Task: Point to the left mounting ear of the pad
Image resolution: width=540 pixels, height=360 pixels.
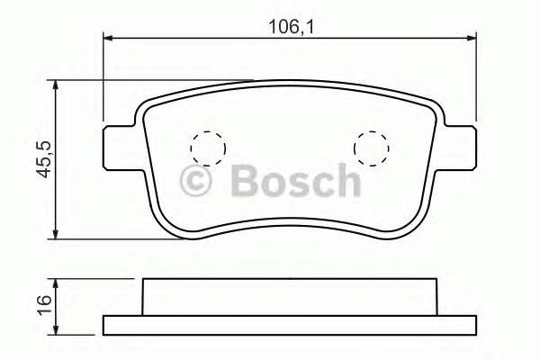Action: pyautogui.click(x=119, y=146)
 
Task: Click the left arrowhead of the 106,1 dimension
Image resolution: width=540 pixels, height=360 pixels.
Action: pyautogui.click(x=109, y=38)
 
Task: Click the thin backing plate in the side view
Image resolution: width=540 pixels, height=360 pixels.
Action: pyautogui.click(x=290, y=324)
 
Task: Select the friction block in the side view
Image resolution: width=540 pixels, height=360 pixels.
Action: pyautogui.click(x=290, y=297)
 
